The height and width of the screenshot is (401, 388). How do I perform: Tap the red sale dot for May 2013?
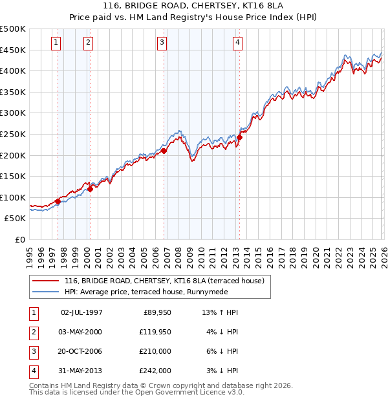point(239,137)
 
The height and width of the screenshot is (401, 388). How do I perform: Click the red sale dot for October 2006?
point(164,151)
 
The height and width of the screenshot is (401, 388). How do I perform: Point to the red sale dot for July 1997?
point(58,201)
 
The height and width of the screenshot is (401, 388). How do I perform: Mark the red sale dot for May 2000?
point(91,189)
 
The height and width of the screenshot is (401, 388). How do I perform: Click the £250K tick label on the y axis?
point(13,134)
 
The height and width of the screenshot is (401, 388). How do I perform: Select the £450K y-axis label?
point(13,50)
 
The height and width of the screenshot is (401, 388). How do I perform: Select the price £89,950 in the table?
point(156,312)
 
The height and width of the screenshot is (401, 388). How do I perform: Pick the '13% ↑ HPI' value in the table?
point(220,312)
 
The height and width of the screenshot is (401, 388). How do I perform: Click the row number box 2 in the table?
point(32,331)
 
